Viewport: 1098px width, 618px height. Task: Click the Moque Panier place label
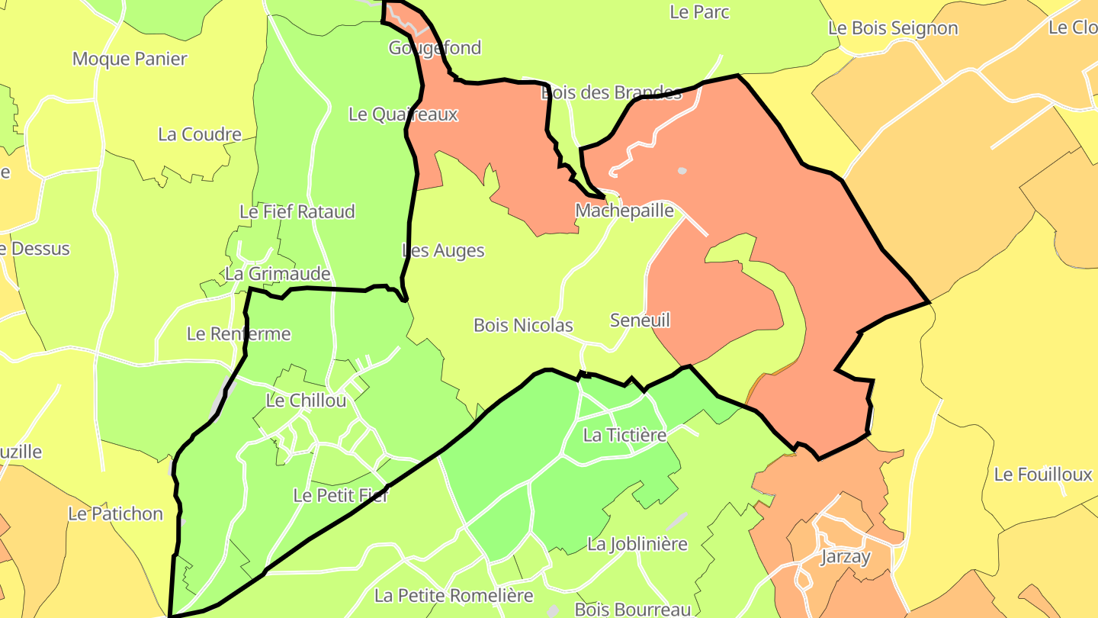pos(130,59)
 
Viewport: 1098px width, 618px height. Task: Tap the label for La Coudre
pos(200,134)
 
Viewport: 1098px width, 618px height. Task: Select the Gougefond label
pos(435,48)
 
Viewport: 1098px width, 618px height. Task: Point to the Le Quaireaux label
pos(403,114)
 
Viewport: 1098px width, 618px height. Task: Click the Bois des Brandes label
pos(611,93)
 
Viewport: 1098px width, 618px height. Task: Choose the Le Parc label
pos(699,12)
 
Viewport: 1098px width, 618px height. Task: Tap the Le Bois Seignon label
pos(893,28)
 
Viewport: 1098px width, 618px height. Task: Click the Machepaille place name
pos(624,211)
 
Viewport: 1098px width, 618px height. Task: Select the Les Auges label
pos(443,250)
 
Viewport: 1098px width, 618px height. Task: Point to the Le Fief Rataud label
pos(297,211)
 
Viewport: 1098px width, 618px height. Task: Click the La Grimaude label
pos(278,274)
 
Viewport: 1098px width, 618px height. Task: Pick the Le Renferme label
pos(239,333)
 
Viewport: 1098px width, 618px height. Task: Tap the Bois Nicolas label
pos(523,325)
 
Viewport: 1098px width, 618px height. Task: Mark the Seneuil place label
pos(640,320)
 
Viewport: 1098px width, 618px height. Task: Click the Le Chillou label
pos(306,401)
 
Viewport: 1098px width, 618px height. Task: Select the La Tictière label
pos(624,435)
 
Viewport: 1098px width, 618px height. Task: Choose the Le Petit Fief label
pos(341,495)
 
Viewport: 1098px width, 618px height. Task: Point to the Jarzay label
pos(845,557)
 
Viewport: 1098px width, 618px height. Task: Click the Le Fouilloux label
pos(1043,475)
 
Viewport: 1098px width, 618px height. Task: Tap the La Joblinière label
pos(637,544)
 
